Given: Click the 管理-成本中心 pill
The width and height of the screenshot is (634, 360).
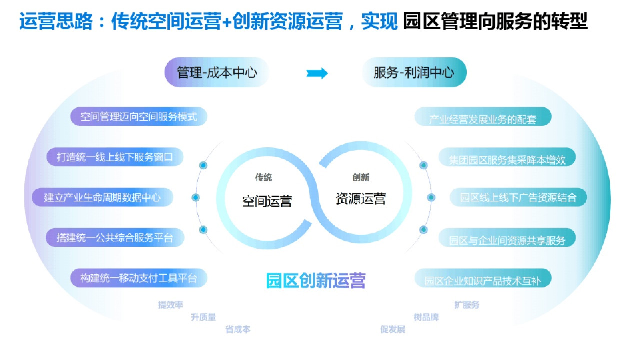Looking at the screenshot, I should pyautogui.click(x=217, y=73).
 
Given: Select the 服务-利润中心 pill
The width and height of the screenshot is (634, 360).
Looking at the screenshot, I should pyautogui.click(x=414, y=73).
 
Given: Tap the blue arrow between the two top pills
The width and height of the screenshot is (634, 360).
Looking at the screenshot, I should pyautogui.click(x=317, y=73).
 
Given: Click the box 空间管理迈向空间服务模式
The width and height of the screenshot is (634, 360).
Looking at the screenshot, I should pyautogui.click(x=138, y=117).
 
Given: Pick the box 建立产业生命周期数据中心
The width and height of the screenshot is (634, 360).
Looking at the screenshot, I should pyautogui.click(x=103, y=197).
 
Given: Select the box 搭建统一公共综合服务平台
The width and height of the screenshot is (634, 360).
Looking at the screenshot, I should pyautogui.click(x=115, y=238).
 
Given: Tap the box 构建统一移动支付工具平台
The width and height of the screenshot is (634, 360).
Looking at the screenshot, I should pyautogui.click(x=138, y=278).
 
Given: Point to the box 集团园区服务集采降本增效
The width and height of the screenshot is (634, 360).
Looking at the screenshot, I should pyautogui.click(x=507, y=160).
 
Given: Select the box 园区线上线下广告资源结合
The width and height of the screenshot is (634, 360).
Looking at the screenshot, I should pyautogui.click(x=518, y=197).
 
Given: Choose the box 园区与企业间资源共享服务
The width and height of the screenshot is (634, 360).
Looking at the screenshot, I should pyautogui.click(x=507, y=240).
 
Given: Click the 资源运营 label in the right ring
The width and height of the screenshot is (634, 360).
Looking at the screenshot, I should pyautogui.click(x=361, y=198).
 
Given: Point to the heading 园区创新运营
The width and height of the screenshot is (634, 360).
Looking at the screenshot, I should pyautogui.click(x=316, y=280).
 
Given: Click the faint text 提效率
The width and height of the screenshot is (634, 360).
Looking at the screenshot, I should pyautogui.click(x=170, y=305).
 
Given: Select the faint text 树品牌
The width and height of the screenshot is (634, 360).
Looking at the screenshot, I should pyautogui.click(x=426, y=317).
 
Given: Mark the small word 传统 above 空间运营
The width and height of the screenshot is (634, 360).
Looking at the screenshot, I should pyautogui.click(x=264, y=177).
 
